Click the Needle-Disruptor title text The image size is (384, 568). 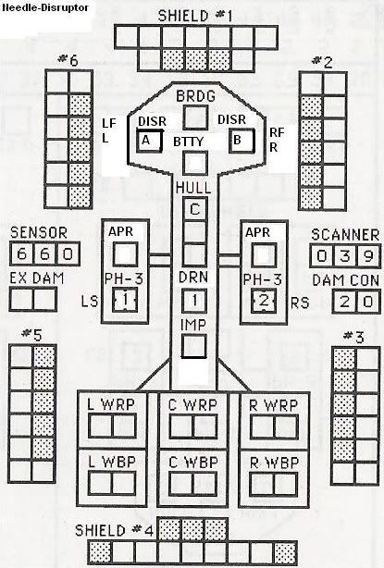[45, 7]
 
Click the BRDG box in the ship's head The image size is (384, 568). [195, 117]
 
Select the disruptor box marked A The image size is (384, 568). [149, 141]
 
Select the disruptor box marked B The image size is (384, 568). [242, 140]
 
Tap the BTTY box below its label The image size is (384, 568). [195, 163]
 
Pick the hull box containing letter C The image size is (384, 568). [195, 209]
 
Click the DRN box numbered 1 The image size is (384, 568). [194, 301]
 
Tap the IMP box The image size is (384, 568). [193, 346]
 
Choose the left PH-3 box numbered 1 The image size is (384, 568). [125, 300]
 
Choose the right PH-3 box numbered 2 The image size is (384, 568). [264, 301]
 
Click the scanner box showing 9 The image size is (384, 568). [368, 256]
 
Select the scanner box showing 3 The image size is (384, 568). [345, 256]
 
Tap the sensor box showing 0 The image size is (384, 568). [68, 253]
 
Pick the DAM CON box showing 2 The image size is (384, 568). [344, 302]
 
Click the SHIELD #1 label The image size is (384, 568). [195, 16]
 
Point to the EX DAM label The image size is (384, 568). [37, 278]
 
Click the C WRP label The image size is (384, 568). [192, 405]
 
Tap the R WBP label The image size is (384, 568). [274, 463]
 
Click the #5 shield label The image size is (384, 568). [31, 335]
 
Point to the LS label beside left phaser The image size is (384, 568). [90, 302]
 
